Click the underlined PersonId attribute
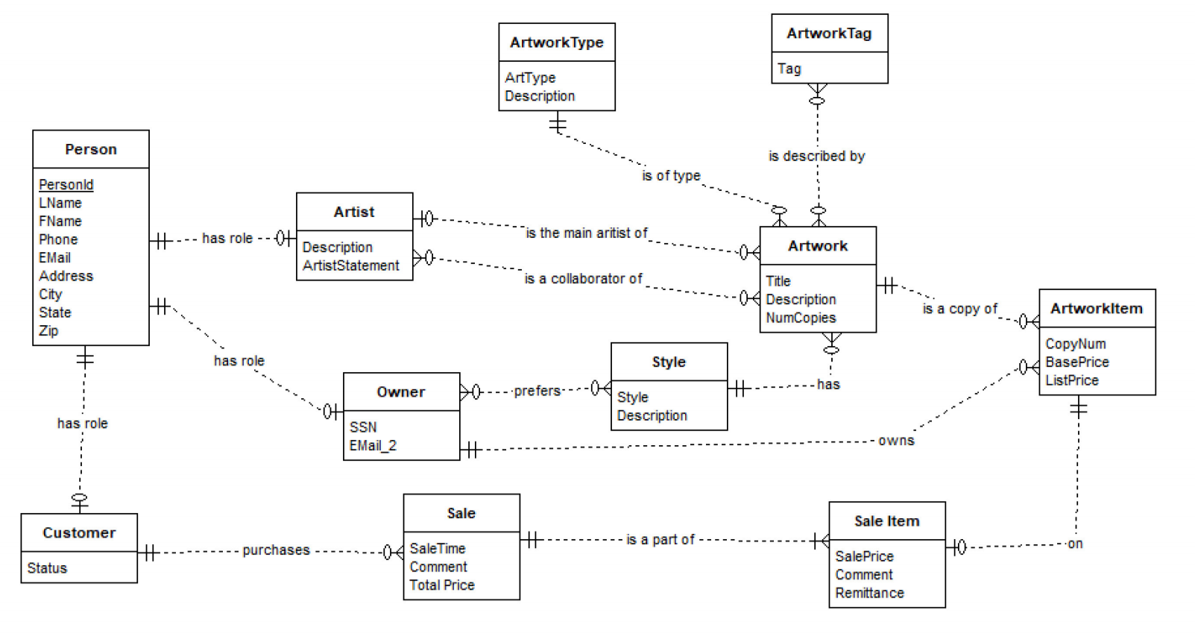[x=66, y=185]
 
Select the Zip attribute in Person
[x=48, y=330]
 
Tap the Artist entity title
[x=354, y=212]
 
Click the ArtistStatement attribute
[x=350, y=265]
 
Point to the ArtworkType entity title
[x=556, y=42]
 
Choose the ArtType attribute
[x=529, y=78]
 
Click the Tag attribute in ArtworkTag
[x=789, y=69]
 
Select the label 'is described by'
[x=816, y=156]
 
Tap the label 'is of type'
[x=671, y=175]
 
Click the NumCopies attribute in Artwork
[x=801, y=318]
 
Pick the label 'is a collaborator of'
[x=583, y=278]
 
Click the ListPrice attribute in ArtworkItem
[x=1071, y=380]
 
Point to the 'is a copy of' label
[x=959, y=309]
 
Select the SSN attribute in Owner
[x=363, y=427]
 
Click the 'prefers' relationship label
[x=537, y=391]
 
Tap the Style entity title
[x=669, y=362]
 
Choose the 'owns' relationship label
[x=896, y=441]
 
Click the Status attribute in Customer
[x=47, y=568]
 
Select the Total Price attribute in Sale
[x=441, y=585]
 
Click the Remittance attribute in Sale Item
[x=869, y=593]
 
